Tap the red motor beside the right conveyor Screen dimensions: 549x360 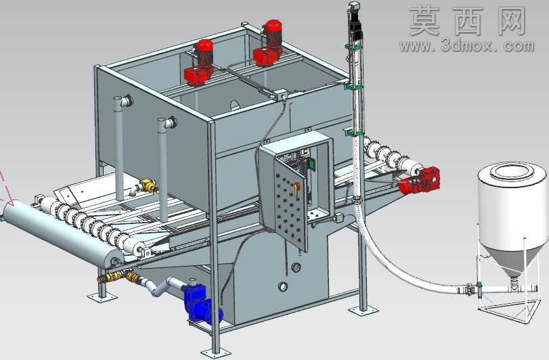420,181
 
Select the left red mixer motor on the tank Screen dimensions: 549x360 200,62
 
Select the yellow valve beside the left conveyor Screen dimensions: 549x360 148,185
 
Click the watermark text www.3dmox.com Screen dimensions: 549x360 466,46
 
